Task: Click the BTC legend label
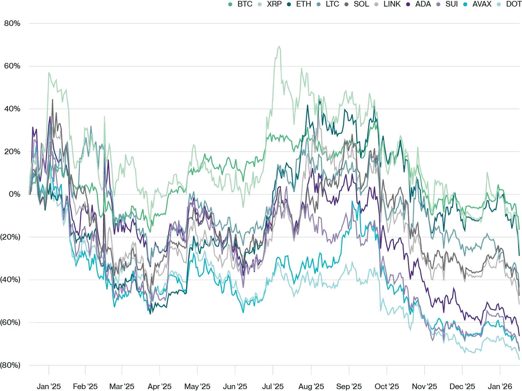click(x=245, y=4)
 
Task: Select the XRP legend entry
click(x=274, y=4)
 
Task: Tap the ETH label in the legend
click(x=303, y=4)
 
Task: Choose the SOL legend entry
click(x=361, y=4)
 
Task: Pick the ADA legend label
click(x=423, y=4)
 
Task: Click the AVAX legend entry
click(x=482, y=4)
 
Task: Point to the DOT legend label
click(x=514, y=4)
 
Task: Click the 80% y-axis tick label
click(x=12, y=23)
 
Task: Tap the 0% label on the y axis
click(x=14, y=194)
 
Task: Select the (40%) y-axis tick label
click(x=10, y=280)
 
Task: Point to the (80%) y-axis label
click(x=10, y=365)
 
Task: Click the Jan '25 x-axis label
click(x=49, y=386)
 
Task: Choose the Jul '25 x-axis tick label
click(x=273, y=386)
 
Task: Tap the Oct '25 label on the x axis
click(x=387, y=386)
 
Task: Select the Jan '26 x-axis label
click(x=500, y=386)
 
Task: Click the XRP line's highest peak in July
click(x=279, y=47)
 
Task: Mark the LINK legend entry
click(x=392, y=4)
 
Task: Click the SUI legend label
click(x=452, y=4)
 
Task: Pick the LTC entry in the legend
click(x=332, y=4)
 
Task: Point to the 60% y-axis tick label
click(x=12, y=66)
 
